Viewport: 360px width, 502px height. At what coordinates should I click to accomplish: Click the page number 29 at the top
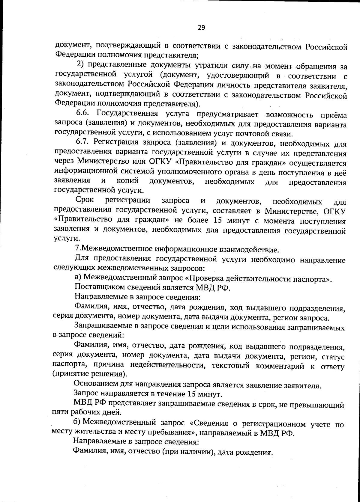pos(201,28)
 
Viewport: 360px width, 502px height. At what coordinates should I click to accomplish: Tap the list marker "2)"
pos(81,64)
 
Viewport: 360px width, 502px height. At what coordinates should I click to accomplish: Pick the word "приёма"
pos(333,115)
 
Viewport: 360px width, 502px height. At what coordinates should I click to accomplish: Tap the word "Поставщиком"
pos(96,287)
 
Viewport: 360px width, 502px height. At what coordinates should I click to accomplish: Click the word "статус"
pos(333,357)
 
